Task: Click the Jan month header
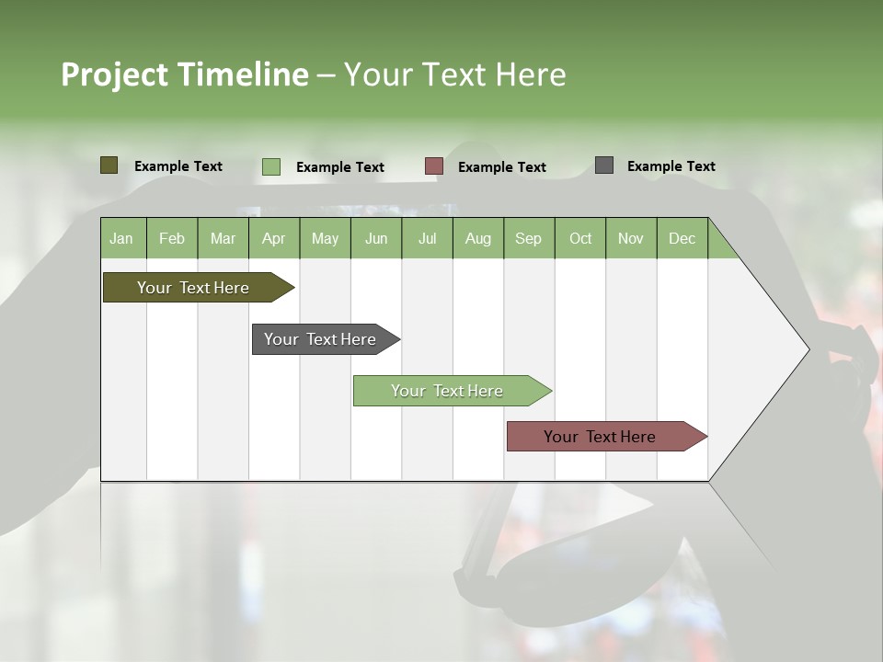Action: (122, 238)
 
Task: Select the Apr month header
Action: (274, 238)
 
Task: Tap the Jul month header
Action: (427, 238)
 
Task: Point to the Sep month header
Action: (529, 238)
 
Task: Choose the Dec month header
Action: (682, 238)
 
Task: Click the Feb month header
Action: (172, 238)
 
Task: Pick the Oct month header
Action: (580, 238)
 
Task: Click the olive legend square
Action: (109, 165)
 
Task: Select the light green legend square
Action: (271, 166)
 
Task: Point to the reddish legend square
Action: (434, 166)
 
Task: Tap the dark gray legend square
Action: (604, 165)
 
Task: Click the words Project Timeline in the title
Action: (184, 74)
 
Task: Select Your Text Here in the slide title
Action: (455, 74)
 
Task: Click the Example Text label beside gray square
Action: (671, 166)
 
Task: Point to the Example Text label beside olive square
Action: (178, 166)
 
